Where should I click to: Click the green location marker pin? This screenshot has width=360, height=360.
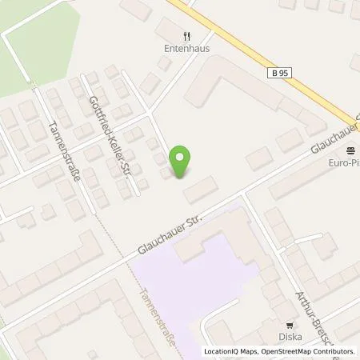coord(182,162)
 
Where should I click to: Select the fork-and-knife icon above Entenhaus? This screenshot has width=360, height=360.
coord(186,35)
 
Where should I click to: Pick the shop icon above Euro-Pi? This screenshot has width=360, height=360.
coord(350,150)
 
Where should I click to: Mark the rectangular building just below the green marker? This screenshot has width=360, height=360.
coord(200,190)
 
